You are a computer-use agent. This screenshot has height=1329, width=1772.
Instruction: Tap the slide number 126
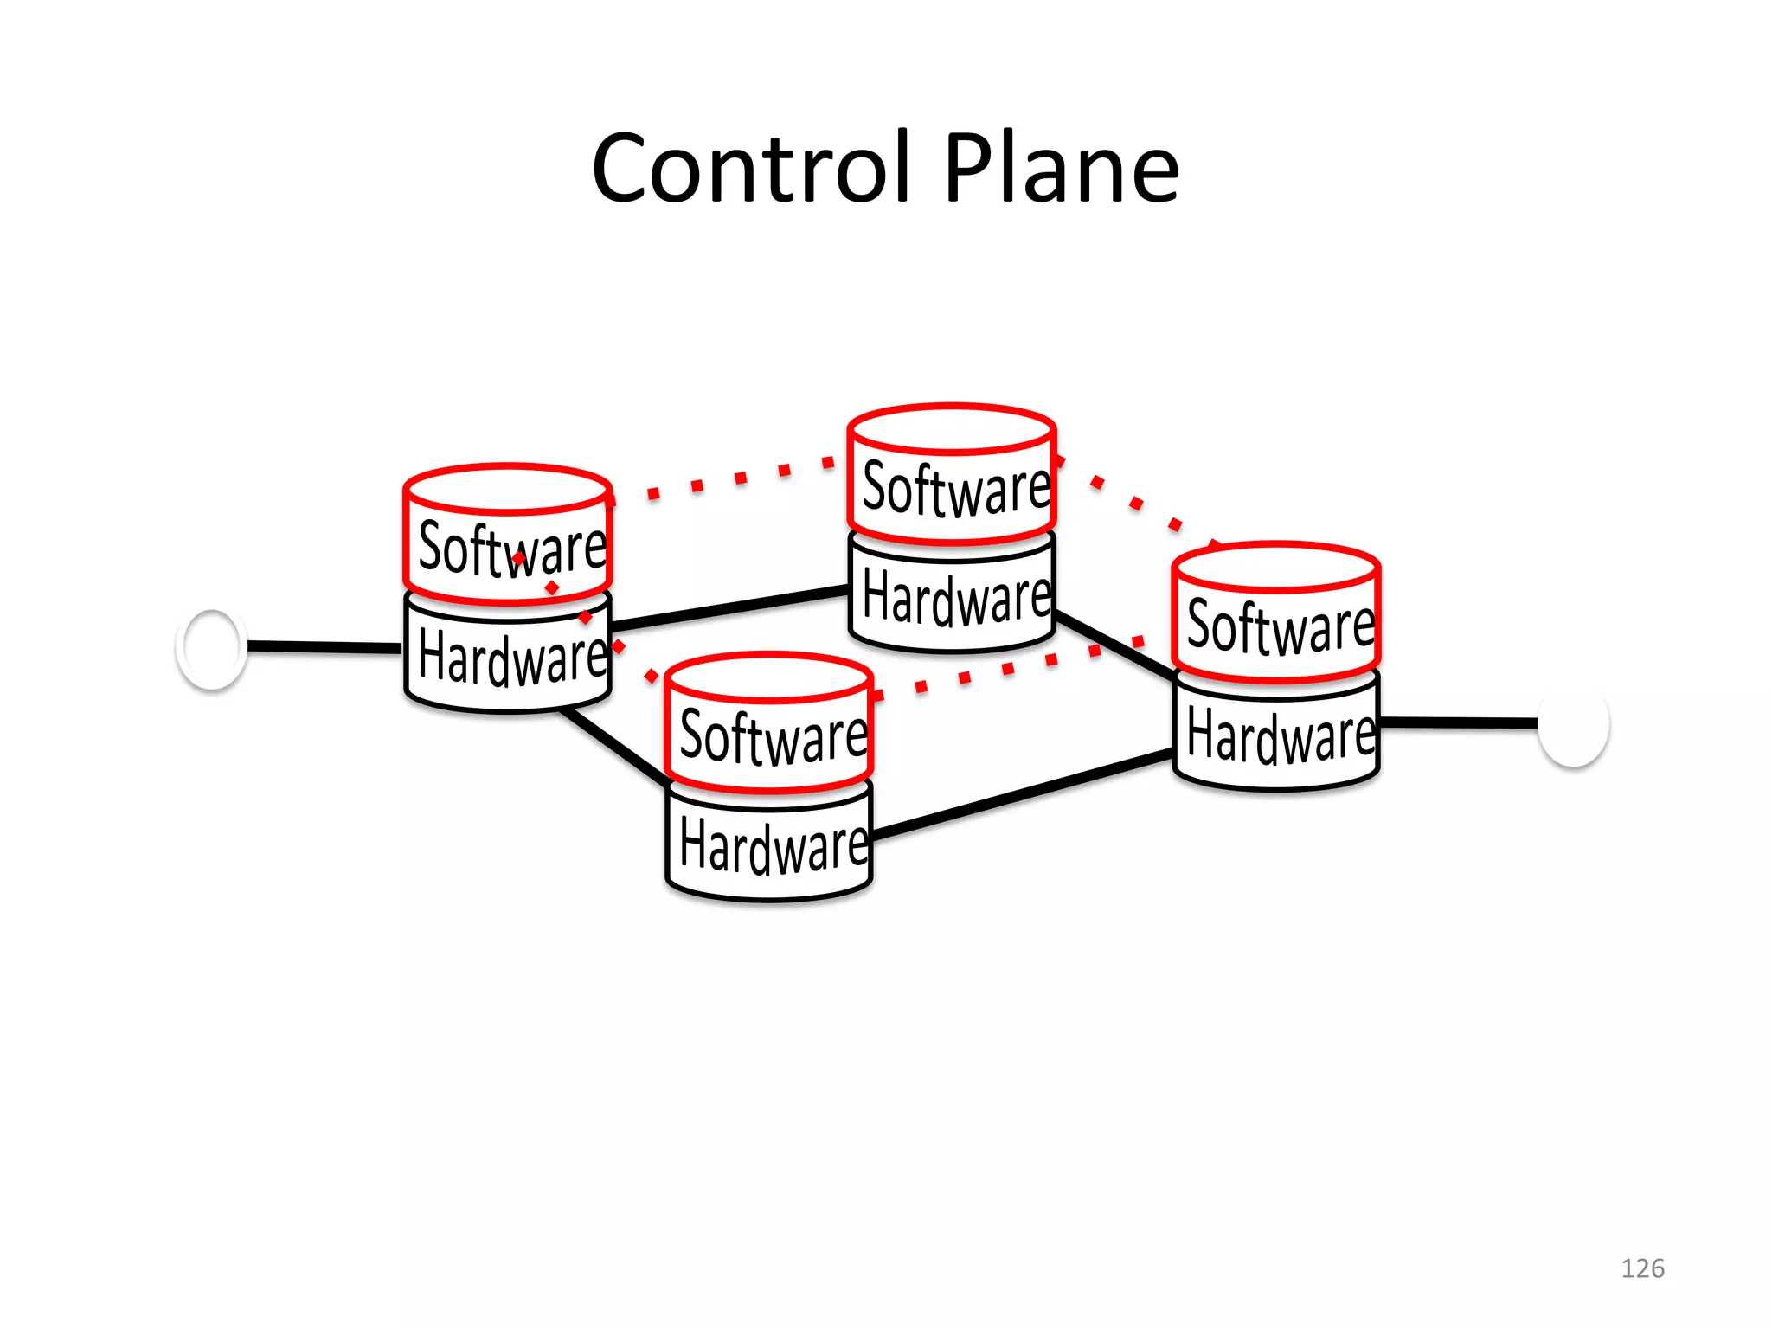pos(1641,1268)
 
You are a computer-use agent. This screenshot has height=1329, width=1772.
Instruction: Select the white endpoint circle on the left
pos(211,648)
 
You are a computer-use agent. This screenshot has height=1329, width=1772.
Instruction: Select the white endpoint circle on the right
pos(1573,724)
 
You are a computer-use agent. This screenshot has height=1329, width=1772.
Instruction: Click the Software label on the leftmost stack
pos(511,549)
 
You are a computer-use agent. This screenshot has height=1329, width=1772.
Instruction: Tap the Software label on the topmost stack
pos(955,490)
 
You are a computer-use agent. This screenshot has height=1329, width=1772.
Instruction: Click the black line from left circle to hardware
pos(324,647)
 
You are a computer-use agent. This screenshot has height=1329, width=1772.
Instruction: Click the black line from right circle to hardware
pos(1458,722)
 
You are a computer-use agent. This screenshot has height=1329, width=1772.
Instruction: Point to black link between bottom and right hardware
pos(1021,795)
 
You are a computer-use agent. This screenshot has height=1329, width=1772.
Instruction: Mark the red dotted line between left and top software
pos(740,478)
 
